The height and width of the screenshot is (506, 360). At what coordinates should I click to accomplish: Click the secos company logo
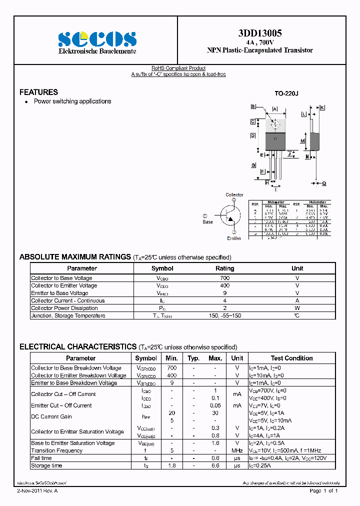[x=97, y=38]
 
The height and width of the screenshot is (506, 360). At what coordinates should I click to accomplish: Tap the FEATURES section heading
[x=38, y=92]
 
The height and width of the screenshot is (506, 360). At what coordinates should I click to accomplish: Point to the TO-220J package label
[x=286, y=93]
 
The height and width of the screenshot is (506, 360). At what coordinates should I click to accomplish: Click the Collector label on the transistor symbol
[x=234, y=195]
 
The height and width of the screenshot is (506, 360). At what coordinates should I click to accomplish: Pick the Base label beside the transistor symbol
[x=207, y=221]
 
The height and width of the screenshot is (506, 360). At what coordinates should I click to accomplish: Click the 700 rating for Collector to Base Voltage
[x=224, y=278]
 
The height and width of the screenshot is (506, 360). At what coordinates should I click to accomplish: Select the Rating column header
[x=224, y=268]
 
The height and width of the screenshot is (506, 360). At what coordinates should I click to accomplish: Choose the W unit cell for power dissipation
[x=297, y=308]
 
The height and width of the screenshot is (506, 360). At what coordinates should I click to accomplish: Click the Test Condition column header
[x=291, y=358]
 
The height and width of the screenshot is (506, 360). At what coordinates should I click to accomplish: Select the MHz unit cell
[x=237, y=450]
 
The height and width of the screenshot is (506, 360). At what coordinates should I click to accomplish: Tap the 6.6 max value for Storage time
[x=215, y=465]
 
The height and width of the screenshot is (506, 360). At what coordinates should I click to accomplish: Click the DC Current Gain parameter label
[x=51, y=416]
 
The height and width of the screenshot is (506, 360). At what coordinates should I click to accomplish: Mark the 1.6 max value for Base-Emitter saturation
[x=215, y=443]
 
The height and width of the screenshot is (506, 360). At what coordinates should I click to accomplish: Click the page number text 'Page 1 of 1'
[x=324, y=491]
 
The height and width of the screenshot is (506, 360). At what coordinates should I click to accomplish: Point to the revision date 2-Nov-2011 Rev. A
[x=37, y=491]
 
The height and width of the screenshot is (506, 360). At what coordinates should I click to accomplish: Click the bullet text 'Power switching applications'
[x=72, y=101]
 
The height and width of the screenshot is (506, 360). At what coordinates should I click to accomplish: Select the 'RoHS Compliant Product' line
[x=178, y=68]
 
